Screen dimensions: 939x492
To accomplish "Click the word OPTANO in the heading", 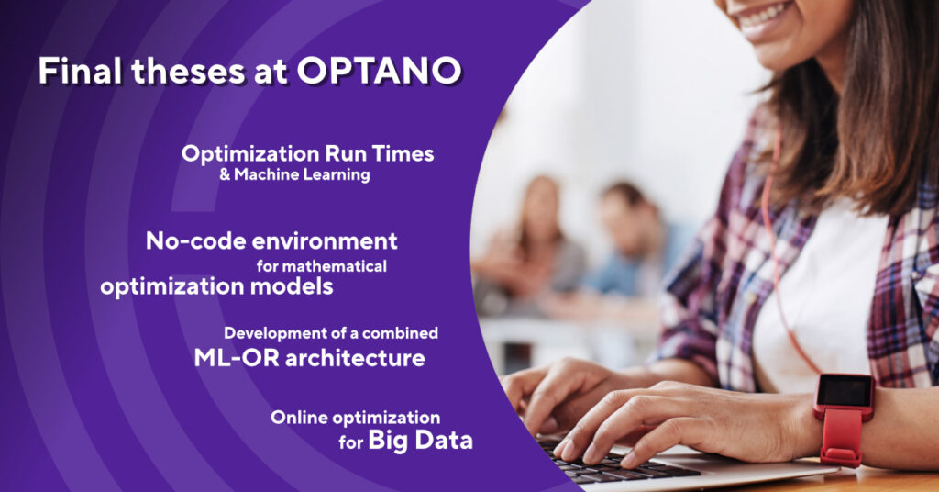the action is pos(379,71).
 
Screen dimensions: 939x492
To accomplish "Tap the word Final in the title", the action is pos(81,71).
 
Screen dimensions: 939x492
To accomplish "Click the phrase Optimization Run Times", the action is pos(308,154).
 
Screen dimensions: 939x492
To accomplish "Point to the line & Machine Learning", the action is pos(294,174).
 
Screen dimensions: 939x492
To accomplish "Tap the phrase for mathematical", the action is pos(322,265).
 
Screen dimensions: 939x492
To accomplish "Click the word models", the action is pos(291,286).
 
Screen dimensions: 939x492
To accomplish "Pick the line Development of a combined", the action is pos(330,333).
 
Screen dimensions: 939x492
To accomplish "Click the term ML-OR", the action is pos(237,358).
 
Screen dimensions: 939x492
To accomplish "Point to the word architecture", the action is pos(355,358).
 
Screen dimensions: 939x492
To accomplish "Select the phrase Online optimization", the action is pos(355,418).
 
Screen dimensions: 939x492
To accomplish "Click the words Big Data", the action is pos(420,441).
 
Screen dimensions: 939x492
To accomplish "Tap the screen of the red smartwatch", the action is pos(845,392).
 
